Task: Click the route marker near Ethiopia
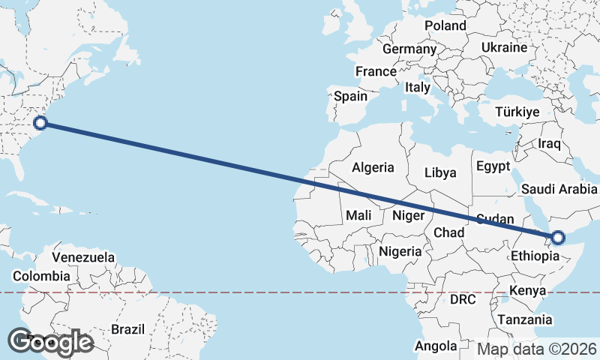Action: coord(557,238)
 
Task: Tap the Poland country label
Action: coord(445,25)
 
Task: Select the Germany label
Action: coord(409,49)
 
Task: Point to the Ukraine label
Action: coord(504,47)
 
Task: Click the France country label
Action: coord(376,71)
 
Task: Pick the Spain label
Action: coord(350,96)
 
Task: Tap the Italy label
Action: coord(418,87)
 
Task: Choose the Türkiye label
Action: coord(517,112)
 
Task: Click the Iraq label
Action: coord(550,143)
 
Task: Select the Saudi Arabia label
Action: coord(560,188)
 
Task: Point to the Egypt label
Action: coord(493,166)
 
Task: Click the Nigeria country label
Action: coord(400,251)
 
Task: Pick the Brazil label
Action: coord(127,328)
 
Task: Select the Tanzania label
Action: coord(523,319)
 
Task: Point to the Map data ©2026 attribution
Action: coord(537,349)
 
